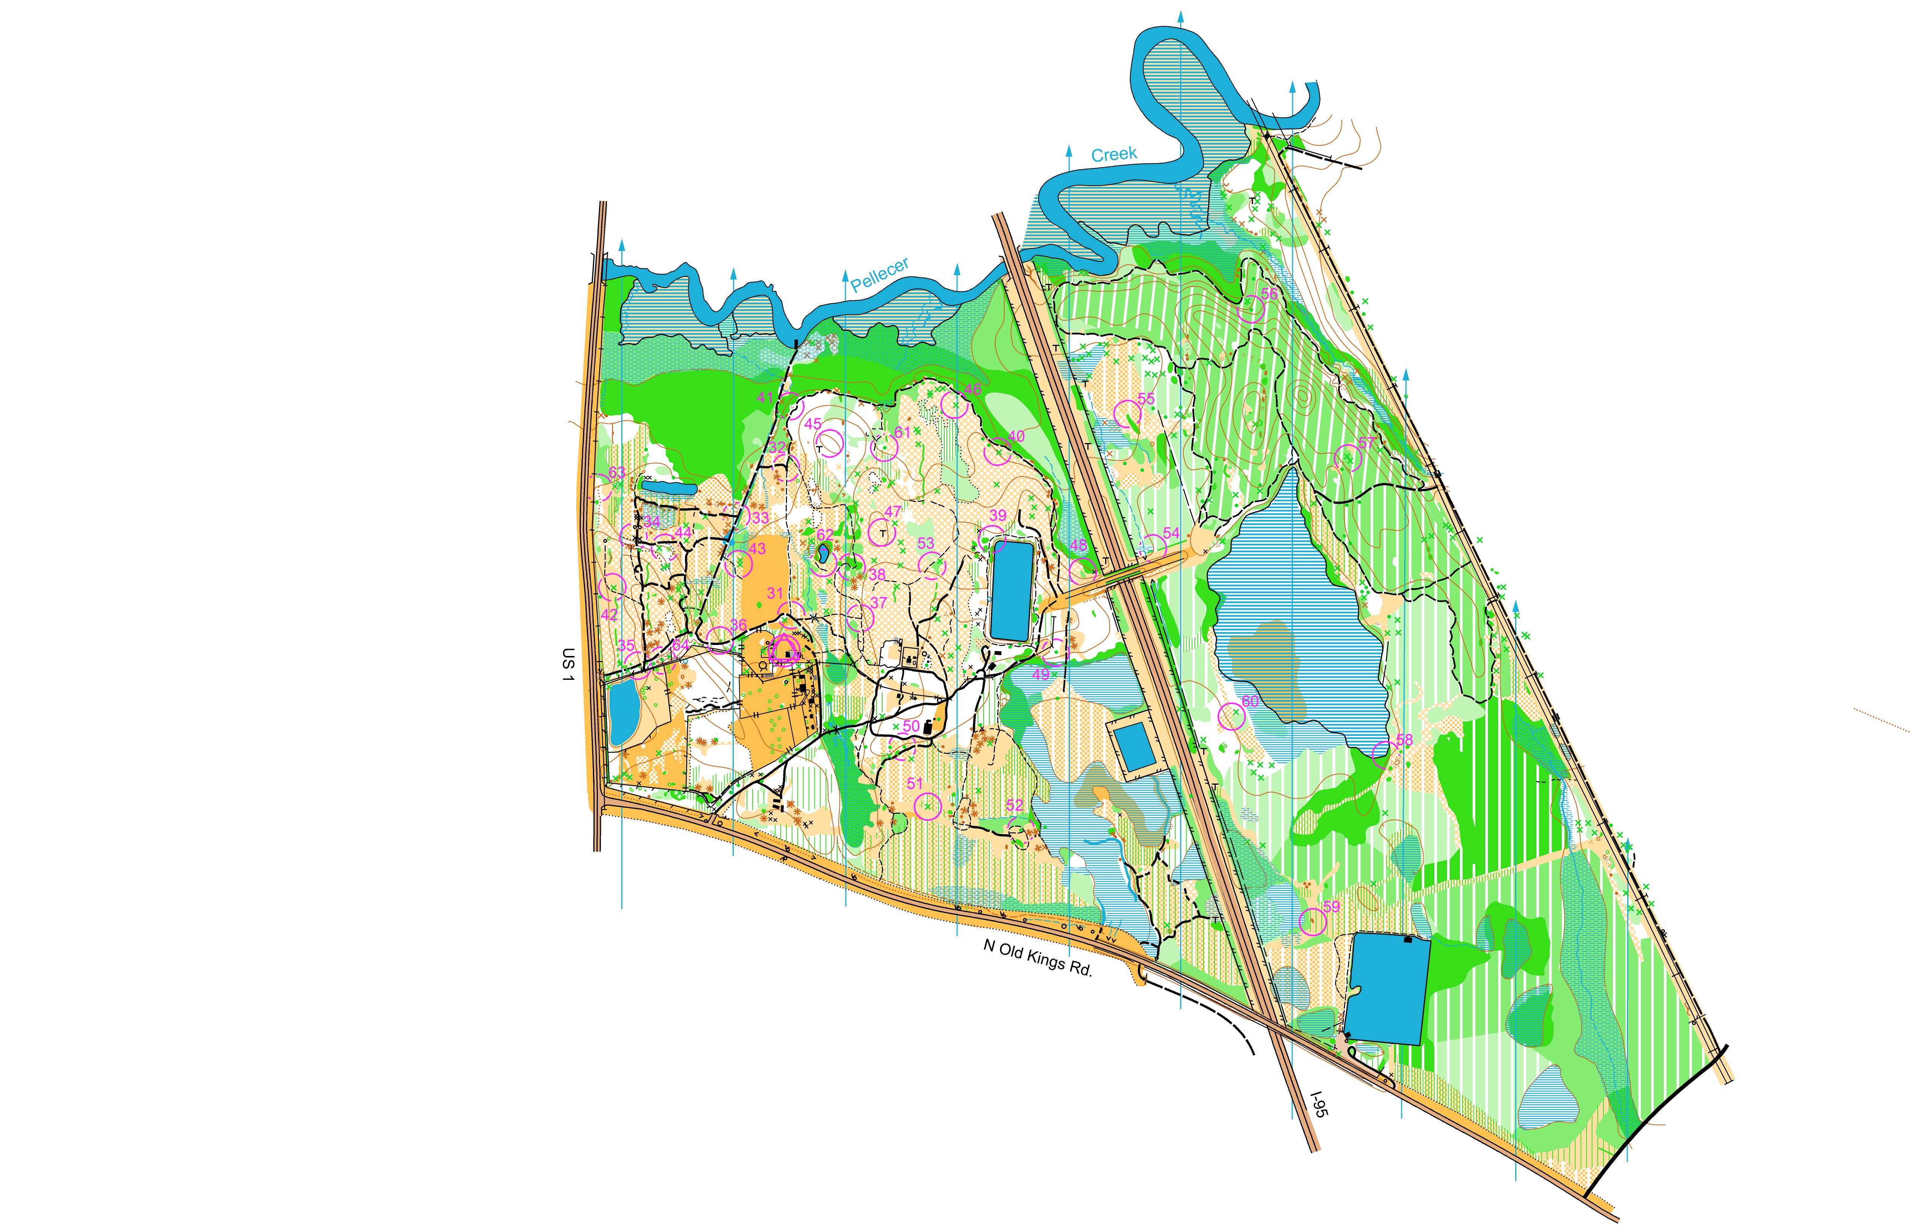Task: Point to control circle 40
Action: [x=998, y=452]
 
